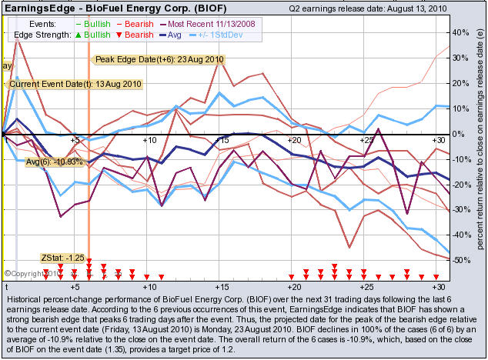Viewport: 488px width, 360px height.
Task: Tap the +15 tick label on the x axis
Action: click(x=222, y=140)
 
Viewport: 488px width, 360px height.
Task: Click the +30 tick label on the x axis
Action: click(x=440, y=140)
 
